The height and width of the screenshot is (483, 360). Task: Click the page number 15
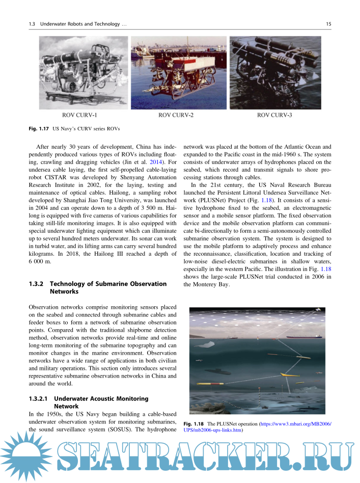coord(328,23)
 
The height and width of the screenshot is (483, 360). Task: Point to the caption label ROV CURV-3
coord(274,115)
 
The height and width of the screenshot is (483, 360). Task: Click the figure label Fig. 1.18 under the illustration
coord(193,424)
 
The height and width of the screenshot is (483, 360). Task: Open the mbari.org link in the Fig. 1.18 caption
coord(295,424)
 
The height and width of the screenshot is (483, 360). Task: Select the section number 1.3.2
coord(38,284)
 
